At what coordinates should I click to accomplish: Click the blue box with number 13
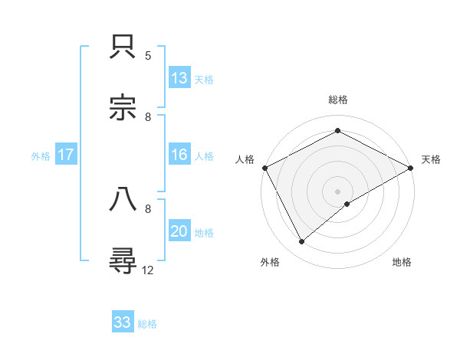[x=179, y=78]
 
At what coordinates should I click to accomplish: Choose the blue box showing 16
[x=179, y=155]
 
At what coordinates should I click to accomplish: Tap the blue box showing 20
[x=179, y=232]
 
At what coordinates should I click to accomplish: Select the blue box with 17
[x=66, y=155]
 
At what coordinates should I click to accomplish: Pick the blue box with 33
[x=123, y=323]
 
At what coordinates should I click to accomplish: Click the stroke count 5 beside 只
[x=148, y=55]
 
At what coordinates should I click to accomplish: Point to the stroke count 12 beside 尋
[x=148, y=270]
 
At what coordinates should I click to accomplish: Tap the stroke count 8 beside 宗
[x=148, y=116]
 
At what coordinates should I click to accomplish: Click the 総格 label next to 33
[x=147, y=324]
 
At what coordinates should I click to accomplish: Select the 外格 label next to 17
[x=41, y=156]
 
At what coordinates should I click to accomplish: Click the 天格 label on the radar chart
[x=431, y=159]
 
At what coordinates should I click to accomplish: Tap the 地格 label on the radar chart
[x=402, y=263]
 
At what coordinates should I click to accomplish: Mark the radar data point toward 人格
[x=265, y=168]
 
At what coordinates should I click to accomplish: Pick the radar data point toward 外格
[x=302, y=241]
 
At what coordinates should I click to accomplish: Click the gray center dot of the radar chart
[x=337, y=191]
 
